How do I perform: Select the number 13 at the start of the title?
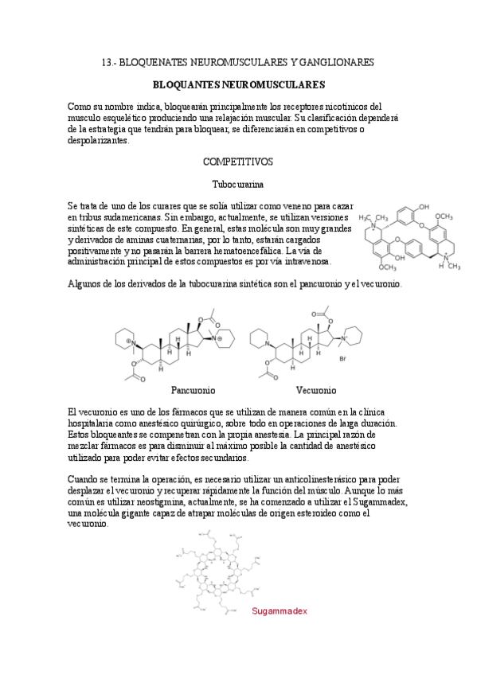coord(110,62)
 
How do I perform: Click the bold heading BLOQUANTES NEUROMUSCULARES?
coord(238,84)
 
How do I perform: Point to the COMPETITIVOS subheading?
coord(238,162)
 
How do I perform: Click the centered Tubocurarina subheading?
coord(238,184)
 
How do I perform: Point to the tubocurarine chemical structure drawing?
coord(409,239)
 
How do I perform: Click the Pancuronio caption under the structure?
coord(193,391)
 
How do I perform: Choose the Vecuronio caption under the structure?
coord(315,391)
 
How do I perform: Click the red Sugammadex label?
coord(279,611)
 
